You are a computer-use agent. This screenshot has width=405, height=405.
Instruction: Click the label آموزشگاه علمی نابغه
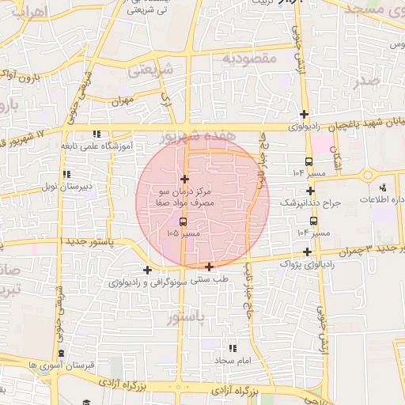92,146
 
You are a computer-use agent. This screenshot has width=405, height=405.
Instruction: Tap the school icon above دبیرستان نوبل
67,174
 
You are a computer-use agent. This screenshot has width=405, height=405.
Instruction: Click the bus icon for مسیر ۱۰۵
184,222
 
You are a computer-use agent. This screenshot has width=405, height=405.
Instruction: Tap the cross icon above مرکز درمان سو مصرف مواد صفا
184,180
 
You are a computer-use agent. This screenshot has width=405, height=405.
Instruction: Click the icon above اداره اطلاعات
383,188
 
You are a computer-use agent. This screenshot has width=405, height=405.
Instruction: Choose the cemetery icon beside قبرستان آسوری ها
61,354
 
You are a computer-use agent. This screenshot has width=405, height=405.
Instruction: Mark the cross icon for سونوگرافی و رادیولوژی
147,271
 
